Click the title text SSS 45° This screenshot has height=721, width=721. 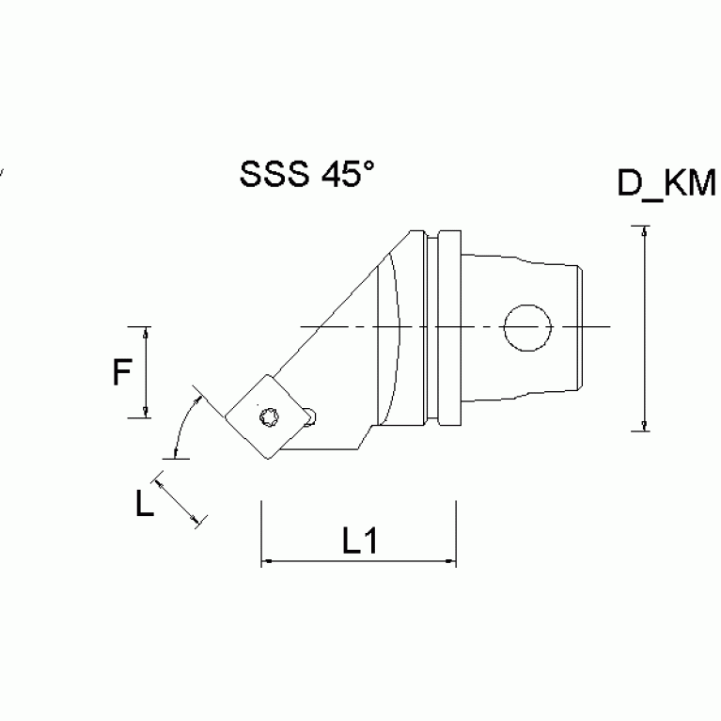[x=307, y=174]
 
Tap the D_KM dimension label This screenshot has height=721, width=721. [x=666, y=182]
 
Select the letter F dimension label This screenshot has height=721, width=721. [x=121, y=373]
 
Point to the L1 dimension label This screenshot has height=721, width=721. [x=359, y=541]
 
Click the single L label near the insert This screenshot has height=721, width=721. [x=144, y=505]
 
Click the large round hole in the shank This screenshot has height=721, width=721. [x=527, y=327]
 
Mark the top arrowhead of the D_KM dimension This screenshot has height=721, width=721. [x=644, y=231]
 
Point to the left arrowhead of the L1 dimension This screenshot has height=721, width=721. [x=266, y=562]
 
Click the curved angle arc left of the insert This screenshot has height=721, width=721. [x=184, y=425]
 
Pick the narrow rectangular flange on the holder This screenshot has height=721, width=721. [x=450, y=327]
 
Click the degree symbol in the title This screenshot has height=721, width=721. [x=368, y=166]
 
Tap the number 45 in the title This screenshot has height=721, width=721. [x=339, y=175]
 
